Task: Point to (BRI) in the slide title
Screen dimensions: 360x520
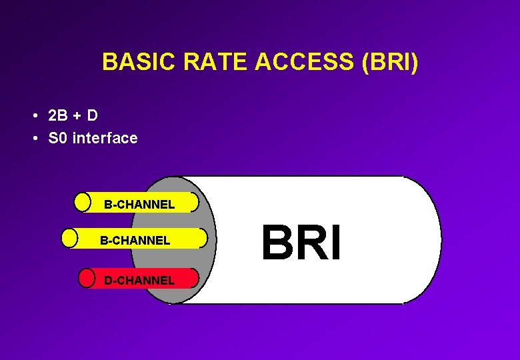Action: click(389, 62)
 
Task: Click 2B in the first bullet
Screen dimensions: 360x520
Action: click(58, 115)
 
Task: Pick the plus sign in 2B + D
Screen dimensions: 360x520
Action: click(77, 116)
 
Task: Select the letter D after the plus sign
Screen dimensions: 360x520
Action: click(92, 115)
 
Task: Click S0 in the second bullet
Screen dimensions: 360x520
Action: click(58, 138)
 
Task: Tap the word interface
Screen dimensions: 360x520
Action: click(105, 138)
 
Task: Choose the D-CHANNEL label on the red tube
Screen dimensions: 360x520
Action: click(139, 280)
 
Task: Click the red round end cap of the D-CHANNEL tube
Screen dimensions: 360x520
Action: click(87, 278)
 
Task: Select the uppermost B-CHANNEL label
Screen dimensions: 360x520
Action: click(139, 205)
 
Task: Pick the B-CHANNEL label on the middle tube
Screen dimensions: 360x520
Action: click(135, 240)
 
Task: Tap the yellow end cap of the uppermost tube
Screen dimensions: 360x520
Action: click(82, 201)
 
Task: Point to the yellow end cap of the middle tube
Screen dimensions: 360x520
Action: click(69, 238)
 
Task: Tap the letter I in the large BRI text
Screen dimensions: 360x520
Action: click(336, 243)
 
